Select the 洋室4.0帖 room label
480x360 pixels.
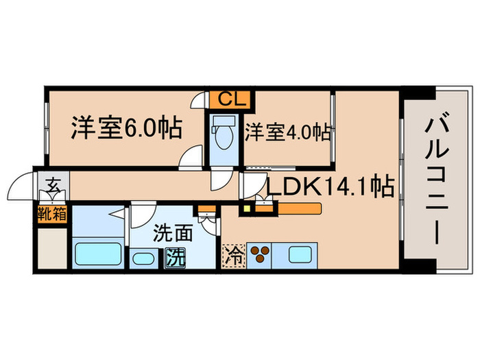288,131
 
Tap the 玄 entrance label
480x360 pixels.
53,184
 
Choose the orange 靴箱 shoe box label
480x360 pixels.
53,213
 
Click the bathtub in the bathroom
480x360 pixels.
97,254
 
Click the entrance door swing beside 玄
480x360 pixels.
21,187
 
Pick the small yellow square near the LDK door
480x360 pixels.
246,205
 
